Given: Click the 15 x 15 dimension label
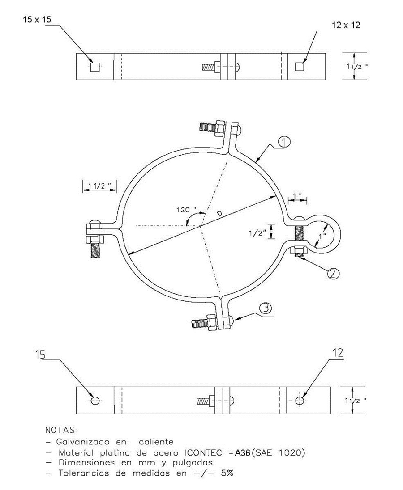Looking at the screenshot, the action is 37,20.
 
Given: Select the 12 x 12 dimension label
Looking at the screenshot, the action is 346,25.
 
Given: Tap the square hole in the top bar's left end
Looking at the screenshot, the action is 95,67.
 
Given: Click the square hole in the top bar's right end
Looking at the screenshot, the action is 300,67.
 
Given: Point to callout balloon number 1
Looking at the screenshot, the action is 284,142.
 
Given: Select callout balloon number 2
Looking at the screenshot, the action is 333,274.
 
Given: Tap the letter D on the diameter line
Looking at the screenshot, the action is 220,213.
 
